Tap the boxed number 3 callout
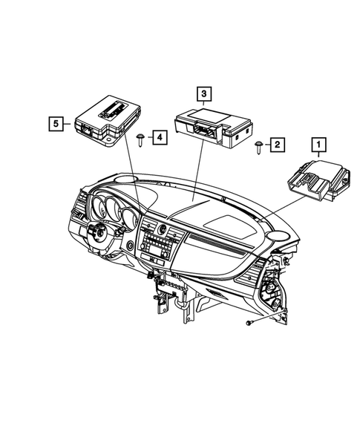[203, 93]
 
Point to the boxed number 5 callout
[54, 124]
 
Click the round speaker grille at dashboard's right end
[279, 237]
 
